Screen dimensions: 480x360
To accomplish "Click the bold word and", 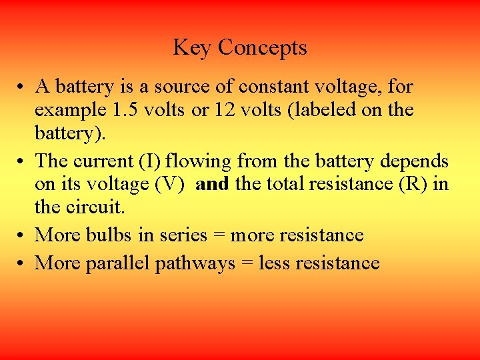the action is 213,183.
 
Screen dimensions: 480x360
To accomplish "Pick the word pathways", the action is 195,264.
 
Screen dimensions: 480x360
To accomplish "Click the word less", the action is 272,263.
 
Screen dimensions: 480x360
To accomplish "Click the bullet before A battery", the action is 23,87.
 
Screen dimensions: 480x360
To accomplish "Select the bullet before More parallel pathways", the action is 23,264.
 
